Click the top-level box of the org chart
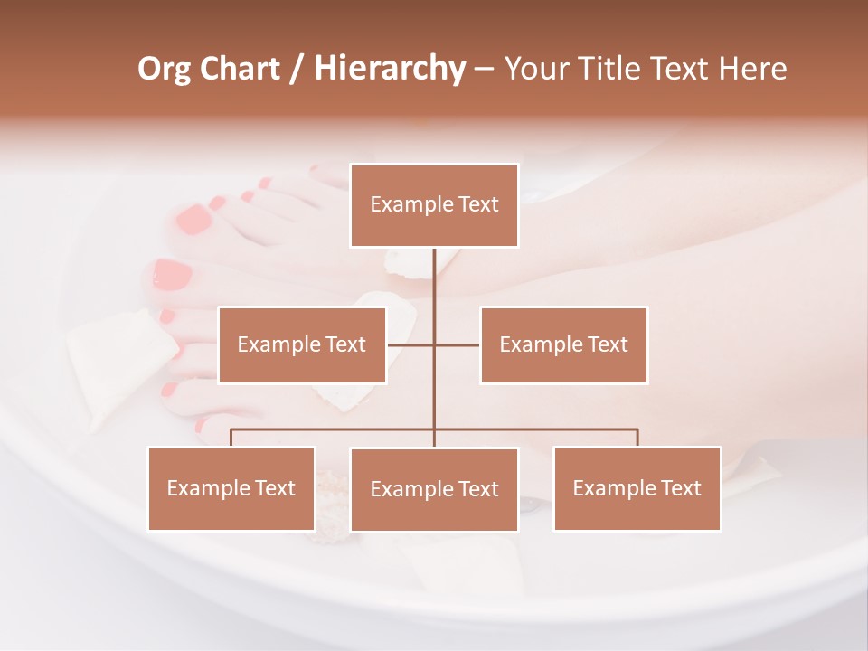click(x=434, y=205)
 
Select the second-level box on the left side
click(x=302, y=344)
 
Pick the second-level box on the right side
click(x=563, y=344)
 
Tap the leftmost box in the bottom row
click(x=231, y=488)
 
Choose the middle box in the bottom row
click(x=434, y=489)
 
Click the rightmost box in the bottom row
click(x=637, y=488)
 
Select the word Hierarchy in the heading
click(x=389, y=69)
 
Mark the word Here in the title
click(x=754, y=69)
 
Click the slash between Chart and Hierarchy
click(x=297, y=70)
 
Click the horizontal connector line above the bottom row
click(x=335, y=429)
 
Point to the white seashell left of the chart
click(x=118, y=362)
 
